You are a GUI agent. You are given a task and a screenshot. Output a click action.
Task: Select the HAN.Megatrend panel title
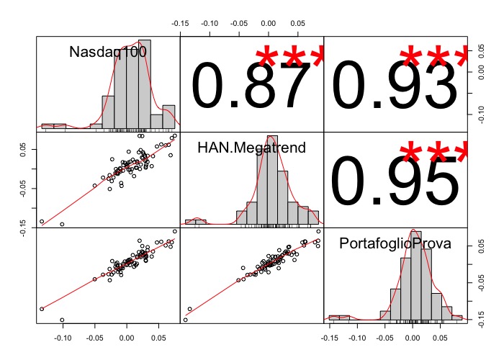pos(251,148)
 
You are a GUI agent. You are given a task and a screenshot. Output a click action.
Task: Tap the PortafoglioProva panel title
pos(395,244)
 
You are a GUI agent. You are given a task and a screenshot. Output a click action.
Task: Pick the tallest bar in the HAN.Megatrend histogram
pos(271,180)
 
